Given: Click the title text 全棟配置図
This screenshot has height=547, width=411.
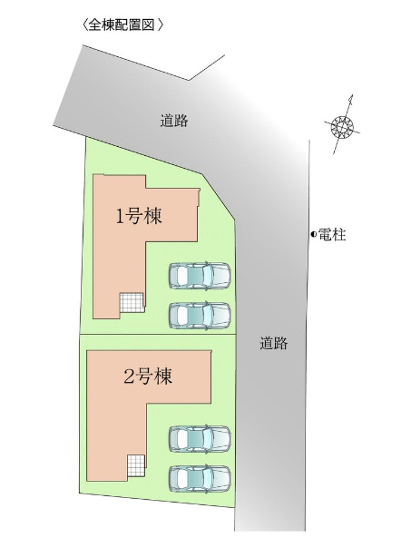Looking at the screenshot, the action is click(x=121, y=25).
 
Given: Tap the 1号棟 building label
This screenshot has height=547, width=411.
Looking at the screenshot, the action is click(x=139, y=217).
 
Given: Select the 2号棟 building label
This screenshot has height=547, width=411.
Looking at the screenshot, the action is click(x=148, y=376).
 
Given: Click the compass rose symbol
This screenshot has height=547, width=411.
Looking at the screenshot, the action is click(x=342, y=125).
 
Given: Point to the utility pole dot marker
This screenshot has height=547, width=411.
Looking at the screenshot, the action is click(x=313, y=235).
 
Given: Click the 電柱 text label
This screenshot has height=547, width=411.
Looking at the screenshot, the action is click(x=332, y=235).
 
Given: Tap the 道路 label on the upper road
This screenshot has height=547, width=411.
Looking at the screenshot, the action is click(x=174, y=121).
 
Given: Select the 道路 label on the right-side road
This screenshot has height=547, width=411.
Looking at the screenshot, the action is click(x=273, y=343).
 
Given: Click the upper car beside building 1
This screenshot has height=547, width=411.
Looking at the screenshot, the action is click(x=200, y=275).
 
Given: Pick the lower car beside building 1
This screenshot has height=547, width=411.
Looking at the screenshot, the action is click(x=200, y=315).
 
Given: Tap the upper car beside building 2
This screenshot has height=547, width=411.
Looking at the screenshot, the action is click(x=200, y=439).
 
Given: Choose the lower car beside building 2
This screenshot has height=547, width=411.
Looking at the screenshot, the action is click(x=200, y=479).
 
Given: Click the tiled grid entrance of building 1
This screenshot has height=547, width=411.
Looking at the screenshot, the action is click(x=132, y=302).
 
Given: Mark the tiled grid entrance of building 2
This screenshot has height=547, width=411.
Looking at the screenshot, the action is click(x=136, y=465).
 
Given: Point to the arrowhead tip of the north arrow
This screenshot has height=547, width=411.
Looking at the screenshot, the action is click(x=352, y=94).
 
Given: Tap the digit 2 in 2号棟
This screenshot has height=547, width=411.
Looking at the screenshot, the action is click(x=129, y=377).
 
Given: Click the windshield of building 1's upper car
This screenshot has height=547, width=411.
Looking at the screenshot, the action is click(x=207, y=275).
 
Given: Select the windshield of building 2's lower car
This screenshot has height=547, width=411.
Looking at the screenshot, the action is click(x=207, y=479).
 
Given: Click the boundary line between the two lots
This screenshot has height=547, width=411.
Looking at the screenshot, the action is click(x=158, y=335).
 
